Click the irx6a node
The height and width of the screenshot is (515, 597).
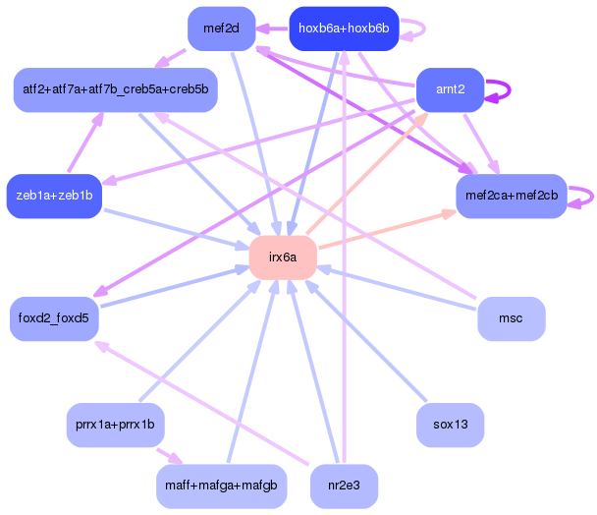(x=282, y=257)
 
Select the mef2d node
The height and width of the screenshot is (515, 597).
(x=222, y=29)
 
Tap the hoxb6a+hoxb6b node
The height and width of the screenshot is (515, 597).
(x=344, y=29)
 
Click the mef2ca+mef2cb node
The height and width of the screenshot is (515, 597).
(x=511, y=196)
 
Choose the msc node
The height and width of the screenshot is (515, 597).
(x=511, y=319)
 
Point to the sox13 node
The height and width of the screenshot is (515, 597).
(x=450, y=426)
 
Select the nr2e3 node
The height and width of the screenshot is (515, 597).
(x=344, y=486)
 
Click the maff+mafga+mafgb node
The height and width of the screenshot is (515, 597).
(x=221, y=486)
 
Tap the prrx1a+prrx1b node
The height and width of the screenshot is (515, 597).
(x=115, y=426)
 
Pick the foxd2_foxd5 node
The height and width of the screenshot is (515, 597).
(x=54, y=318)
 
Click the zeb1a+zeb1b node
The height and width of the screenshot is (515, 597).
(x=54, y=196)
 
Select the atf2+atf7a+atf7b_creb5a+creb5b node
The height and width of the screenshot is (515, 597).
(x=115, y=89)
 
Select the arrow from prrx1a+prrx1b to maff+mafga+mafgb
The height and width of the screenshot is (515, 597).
(x=168, y=456)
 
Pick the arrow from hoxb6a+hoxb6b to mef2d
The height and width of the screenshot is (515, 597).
(x=273, y=29)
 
